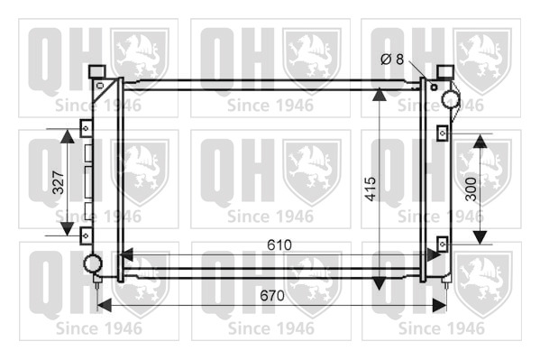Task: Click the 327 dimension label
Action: [59, 182]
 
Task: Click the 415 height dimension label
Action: [371, 189]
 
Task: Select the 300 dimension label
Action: [471, 189]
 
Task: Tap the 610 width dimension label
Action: [279, 245]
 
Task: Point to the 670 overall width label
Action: [272, 296]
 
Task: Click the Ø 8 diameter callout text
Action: [392, 60]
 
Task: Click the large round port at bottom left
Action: [93, 263]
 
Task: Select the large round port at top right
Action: [451, 99]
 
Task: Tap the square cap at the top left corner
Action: [96, 71]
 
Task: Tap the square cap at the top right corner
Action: [446, 71]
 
